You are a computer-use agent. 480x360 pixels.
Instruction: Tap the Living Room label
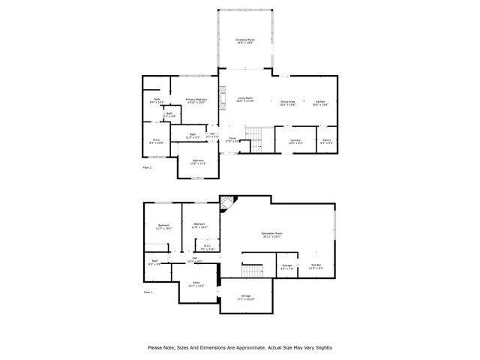[x=244, y=99]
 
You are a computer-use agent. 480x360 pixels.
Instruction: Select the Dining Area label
[x=287, y=102]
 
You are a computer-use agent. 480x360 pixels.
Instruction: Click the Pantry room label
[x=327, y=140]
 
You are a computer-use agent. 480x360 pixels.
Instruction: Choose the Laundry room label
[x=295, y=140]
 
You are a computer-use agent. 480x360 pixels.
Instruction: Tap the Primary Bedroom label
[x=196, y=100]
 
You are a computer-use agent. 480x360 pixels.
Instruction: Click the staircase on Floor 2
[x=257, y=137]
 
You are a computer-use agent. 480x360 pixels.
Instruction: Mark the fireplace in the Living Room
[x=222, y=95]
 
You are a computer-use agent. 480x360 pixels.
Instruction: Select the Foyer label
[x=233, y=139]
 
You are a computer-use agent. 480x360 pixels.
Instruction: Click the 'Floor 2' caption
[x=147, y=167]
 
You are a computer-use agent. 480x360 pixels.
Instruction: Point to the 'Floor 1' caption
[x=147, y=291]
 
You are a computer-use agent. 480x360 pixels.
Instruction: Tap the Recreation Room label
[x=271, y=235]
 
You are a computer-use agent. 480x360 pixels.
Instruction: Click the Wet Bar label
[x=316, y=265]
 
